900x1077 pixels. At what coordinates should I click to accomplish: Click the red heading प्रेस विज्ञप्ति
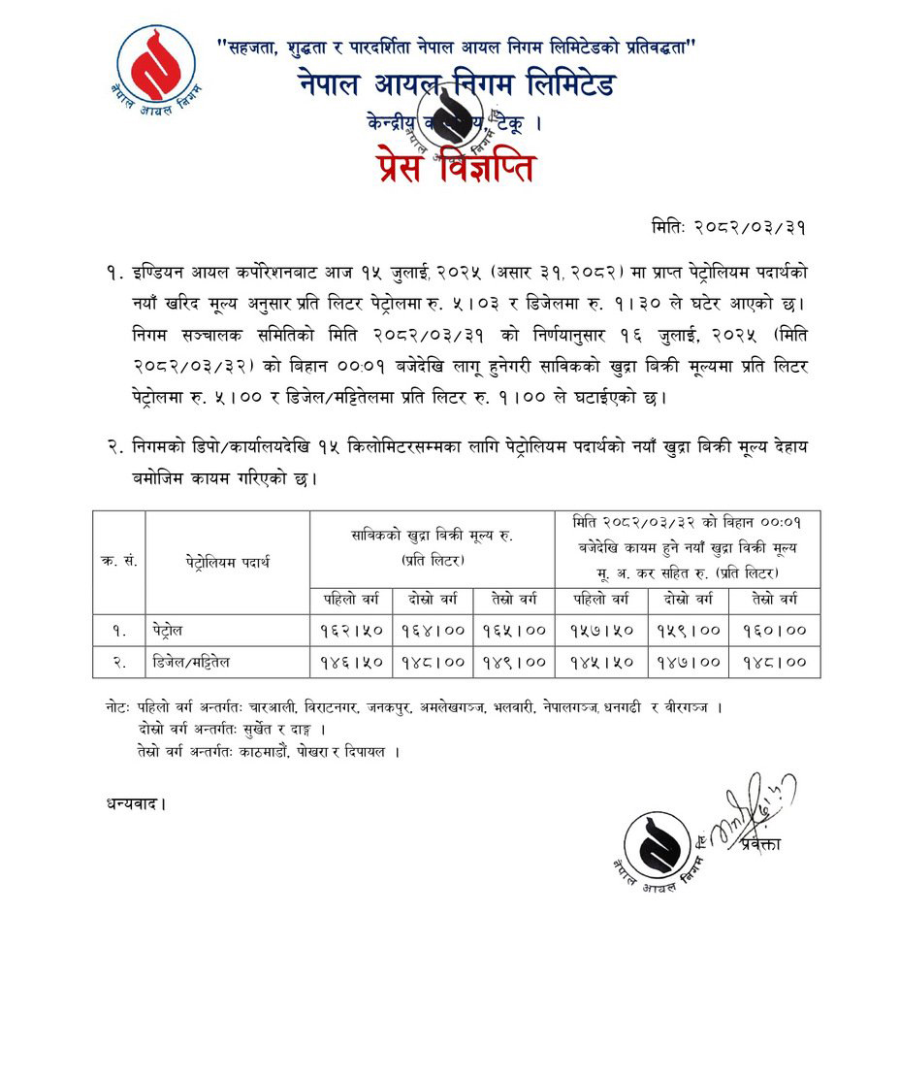tap(451, 167)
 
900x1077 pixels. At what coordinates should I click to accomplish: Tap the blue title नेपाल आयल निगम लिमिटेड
tap(457, 84)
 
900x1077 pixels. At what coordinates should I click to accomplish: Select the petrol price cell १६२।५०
tap(351, 630)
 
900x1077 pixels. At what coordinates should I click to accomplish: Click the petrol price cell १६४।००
tap(434, 630)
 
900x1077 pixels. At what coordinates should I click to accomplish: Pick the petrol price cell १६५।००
tap(515, 630)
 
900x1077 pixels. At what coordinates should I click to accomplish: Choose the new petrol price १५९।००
tap(685, 630)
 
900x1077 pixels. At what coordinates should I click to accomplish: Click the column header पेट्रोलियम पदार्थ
tap(227, 562)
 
